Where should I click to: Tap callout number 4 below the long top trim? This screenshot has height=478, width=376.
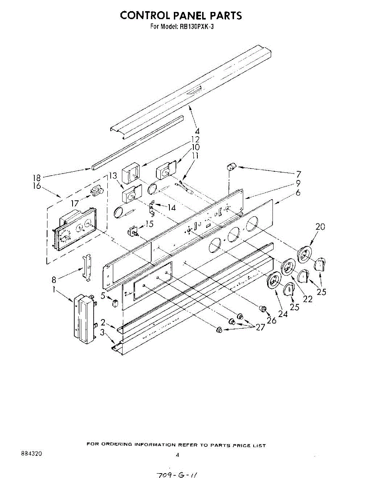(197, 131)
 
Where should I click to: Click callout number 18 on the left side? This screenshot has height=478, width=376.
(37, 178)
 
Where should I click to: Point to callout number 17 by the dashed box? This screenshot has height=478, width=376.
(74, 203)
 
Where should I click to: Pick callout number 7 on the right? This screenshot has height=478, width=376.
(298, 174)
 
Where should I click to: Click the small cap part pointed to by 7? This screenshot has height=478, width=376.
(231, 166)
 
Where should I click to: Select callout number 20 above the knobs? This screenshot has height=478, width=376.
(320, 227)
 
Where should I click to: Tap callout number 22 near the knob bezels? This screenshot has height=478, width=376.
(307, 298)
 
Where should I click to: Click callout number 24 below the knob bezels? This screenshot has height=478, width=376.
(283, 313)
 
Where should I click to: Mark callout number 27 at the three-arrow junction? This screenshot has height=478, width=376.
(260, 327)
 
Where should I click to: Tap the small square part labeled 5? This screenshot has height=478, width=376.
(115, 304)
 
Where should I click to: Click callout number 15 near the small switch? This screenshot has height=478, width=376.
(149, 224)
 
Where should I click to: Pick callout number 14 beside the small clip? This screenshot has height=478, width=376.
(171, 207)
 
